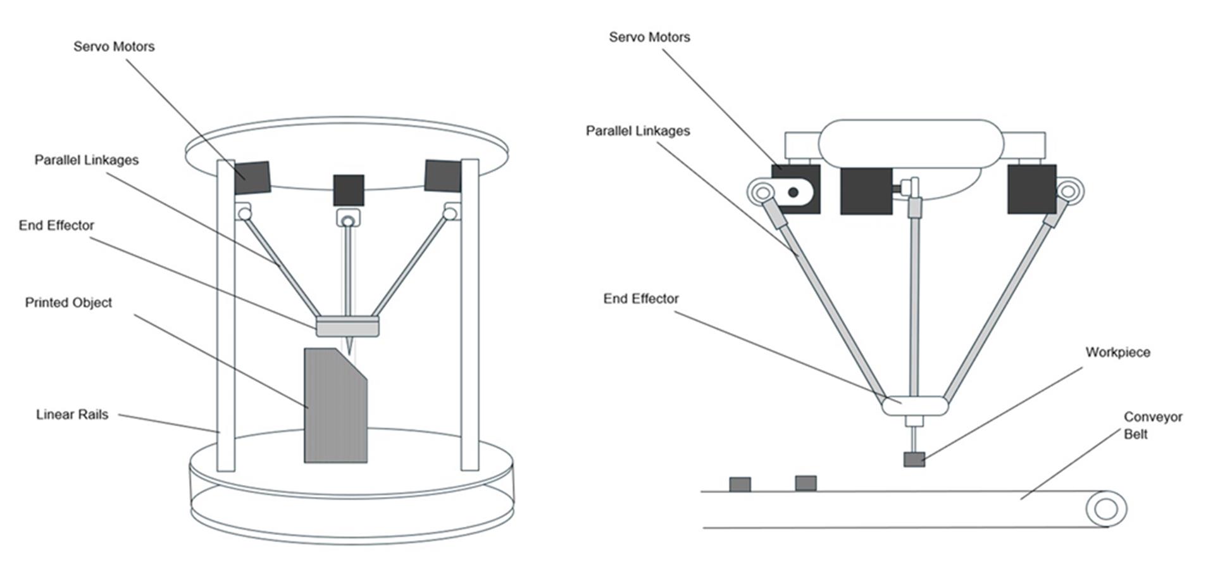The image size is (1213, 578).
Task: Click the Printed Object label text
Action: coord(68,303)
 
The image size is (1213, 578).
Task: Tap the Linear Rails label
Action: coord(72,415)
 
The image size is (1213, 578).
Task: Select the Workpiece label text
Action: coord(1117,353)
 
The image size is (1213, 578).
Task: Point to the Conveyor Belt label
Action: coord(1152,425)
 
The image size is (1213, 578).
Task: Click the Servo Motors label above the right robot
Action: coord(649,37)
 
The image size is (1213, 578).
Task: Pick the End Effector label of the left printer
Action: coord(56,225)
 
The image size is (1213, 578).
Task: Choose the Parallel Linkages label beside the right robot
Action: coord(638,131)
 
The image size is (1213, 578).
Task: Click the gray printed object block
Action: coord(335,405)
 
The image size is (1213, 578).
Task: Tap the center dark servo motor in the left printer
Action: coord(349,190)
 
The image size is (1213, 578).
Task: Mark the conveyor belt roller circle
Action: coord(1106,509)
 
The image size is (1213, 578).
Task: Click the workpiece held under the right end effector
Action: coord(914,460)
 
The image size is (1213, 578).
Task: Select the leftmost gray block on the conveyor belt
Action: coord(740,484)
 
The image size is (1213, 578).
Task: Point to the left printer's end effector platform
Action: coord(348,326)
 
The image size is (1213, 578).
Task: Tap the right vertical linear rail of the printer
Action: coord(470,315)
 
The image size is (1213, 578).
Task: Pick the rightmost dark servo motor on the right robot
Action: coord(1031,189)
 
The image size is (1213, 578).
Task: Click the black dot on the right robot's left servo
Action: coord(793,192)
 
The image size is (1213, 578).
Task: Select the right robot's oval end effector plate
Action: coord(915,405)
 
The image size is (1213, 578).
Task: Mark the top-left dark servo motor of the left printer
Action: coord(252,178)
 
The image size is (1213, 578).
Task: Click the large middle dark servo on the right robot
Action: coord(866,191)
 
